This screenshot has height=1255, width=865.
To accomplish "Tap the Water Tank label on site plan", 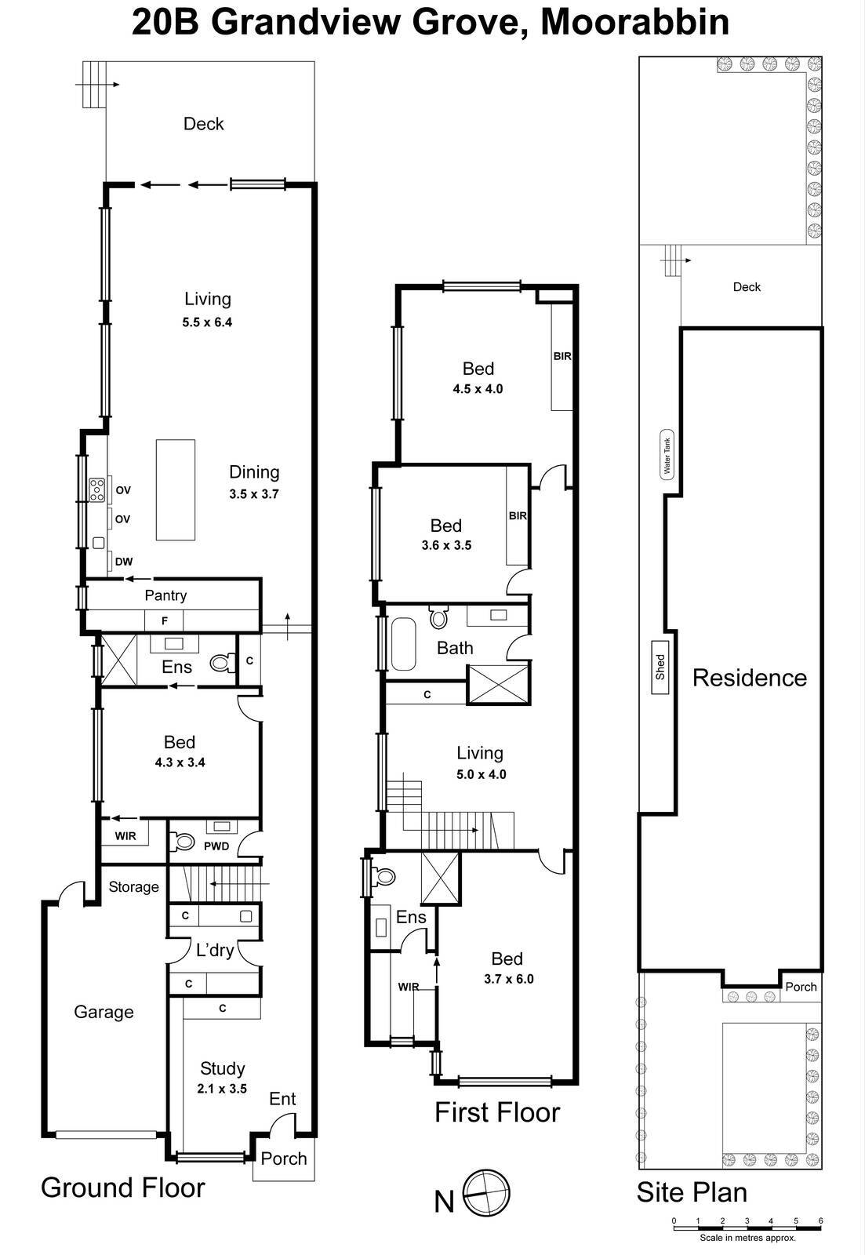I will (667, 454).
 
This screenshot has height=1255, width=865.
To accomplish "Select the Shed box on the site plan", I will (660, 667).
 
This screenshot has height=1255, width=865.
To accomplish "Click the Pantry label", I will (165, 595).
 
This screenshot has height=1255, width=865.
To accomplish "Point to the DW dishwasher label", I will (123, 562).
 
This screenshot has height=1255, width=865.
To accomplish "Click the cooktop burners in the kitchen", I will (97, 489).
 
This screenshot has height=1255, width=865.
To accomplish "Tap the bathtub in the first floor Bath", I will (403, 644).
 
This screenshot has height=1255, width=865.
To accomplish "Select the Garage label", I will (104, 1012).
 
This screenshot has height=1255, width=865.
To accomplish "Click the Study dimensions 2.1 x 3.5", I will (222, 1089).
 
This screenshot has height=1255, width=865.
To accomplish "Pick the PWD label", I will (216, 846).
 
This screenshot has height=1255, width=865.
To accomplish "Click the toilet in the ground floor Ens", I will (221, 664).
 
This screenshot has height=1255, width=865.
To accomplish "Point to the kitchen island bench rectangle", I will (175, 489).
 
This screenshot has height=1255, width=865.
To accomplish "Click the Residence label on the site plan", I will (749, 678).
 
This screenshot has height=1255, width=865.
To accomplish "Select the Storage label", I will (133, 887).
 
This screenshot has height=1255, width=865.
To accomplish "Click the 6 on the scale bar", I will (820, 1220).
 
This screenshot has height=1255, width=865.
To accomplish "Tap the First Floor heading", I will (497, 1112).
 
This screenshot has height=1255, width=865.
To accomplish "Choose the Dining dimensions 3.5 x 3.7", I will (253, 494).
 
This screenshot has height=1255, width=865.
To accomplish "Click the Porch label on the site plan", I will (801, 987).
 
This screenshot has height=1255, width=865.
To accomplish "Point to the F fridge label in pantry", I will (165, 621).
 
